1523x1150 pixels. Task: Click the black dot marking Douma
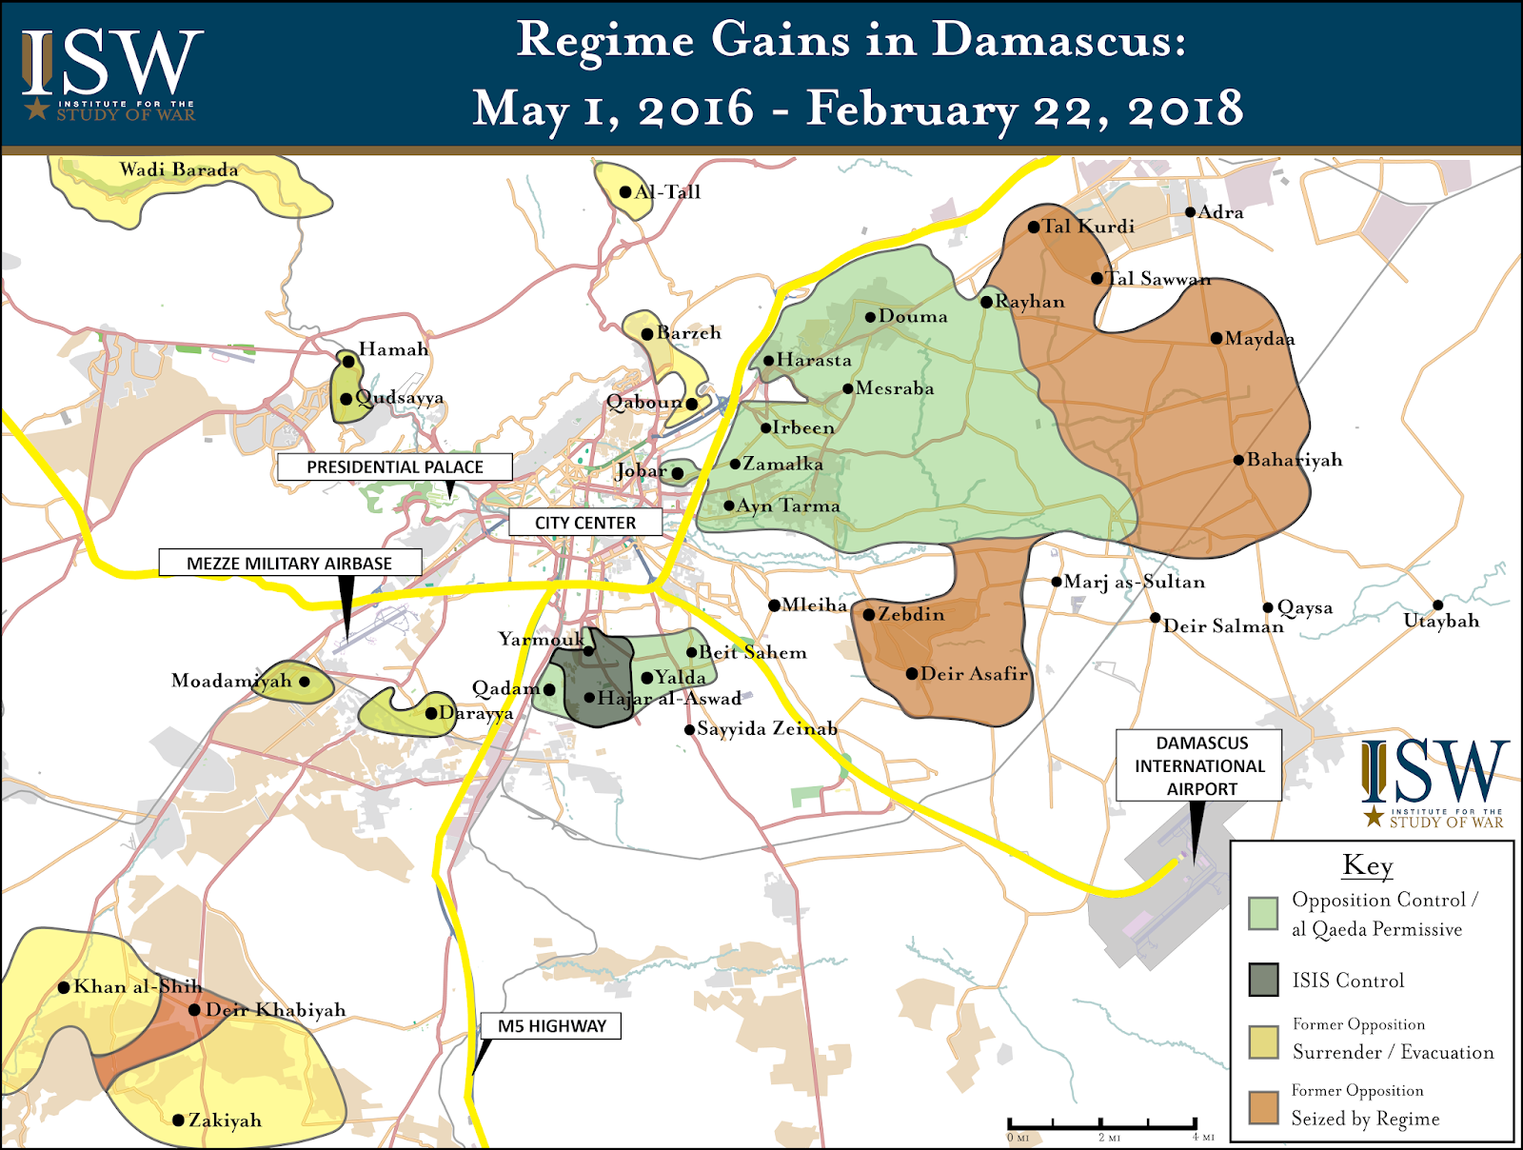click(870, 317)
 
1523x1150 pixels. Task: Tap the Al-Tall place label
click(667, 192)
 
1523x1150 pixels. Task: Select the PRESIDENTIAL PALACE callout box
click(394, 466)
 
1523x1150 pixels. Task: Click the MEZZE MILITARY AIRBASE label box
click(289, 563)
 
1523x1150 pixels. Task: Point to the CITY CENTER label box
click(584, 523)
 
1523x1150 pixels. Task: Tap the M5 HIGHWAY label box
click(551, 1025)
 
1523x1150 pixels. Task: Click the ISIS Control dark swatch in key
click(1263, 980)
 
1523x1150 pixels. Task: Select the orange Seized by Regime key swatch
click(1263, 1107)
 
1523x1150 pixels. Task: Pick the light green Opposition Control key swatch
click(1263, 913)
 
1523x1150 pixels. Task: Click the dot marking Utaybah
click(1437, 605)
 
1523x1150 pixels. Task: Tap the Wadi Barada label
click(179, 170)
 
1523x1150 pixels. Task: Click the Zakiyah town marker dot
click(178, 1120)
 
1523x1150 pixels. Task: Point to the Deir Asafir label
click(974, 674)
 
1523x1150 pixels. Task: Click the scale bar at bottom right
click(1101, 1125)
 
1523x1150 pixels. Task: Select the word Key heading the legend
click(1368, 865)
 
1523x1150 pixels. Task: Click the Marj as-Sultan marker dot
click(1057, 582)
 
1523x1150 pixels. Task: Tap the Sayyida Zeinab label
click(766, 729)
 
